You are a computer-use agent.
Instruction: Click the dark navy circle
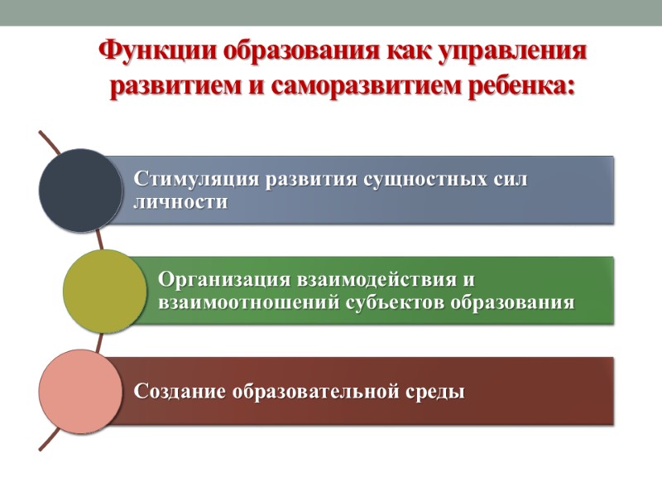(80, 190)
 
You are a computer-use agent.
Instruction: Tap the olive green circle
(104, 290)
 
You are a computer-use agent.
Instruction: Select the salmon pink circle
(80, 391)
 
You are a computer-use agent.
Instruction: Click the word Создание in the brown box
(179, 392)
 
